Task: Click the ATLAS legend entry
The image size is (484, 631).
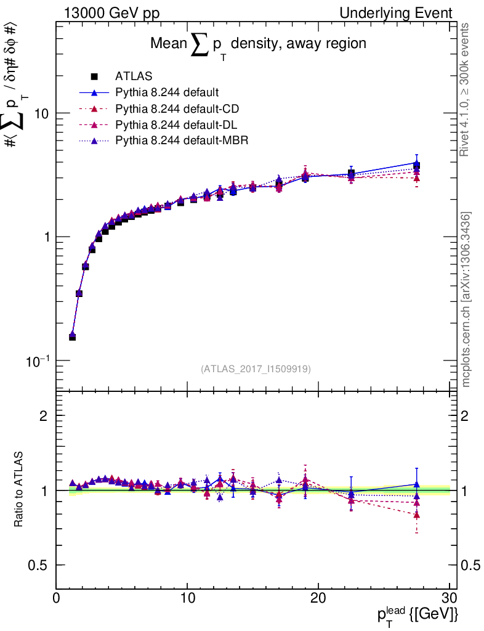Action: coord(134,77)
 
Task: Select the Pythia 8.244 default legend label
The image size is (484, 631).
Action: coord(167,93)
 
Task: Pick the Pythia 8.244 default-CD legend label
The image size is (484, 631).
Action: coord(177,109)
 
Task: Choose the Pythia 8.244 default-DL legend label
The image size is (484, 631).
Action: coord(176,125)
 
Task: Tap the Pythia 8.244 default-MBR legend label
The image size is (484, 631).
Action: coord(182,141)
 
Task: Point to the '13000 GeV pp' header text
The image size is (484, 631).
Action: coord(111,13)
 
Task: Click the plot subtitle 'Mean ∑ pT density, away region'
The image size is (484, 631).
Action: coord(259,44)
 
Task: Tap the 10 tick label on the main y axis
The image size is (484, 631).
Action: coord(41,114)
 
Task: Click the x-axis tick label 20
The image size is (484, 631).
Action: coord(318,598)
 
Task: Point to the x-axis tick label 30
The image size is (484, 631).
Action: coord(450,598)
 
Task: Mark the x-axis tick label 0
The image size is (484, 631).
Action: coord(57,598)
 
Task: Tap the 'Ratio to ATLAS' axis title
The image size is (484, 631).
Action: coord(19,490)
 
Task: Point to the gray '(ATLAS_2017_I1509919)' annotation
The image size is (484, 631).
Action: coord(256,369)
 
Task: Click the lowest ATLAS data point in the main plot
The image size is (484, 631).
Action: coord(72,337)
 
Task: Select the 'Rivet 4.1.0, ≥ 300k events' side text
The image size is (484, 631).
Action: coord(466,90)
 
